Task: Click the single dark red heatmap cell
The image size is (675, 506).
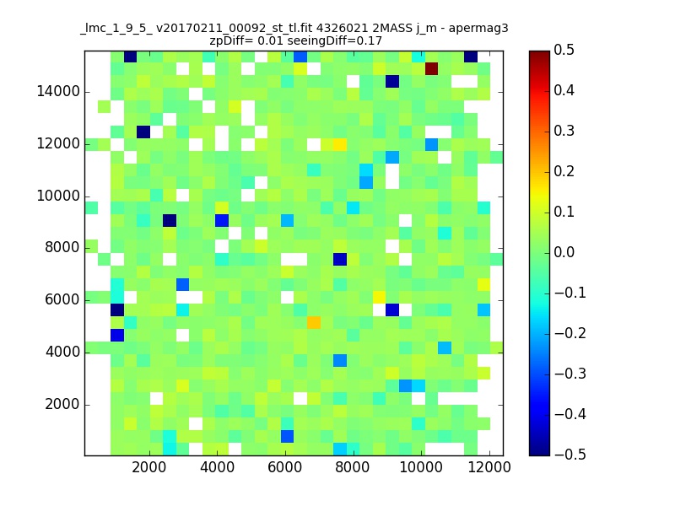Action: [431, 69]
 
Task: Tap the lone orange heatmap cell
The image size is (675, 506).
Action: [314, 322]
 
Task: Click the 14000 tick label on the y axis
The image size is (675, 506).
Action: [58, 92]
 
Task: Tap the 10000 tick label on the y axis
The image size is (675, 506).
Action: [58, 196]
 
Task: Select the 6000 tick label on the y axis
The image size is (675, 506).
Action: [62, 300]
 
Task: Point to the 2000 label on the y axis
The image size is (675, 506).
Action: [62, 405]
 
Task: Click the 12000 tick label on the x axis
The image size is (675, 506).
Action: [489, 467]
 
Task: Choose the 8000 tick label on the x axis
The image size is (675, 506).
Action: [353, 467]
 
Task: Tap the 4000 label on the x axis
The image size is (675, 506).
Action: [217, 467]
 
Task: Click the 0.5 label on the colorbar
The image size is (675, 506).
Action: [564, 50]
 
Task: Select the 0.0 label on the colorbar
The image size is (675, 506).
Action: [564, 252]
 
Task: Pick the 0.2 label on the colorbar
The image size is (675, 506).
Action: [564, 171]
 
